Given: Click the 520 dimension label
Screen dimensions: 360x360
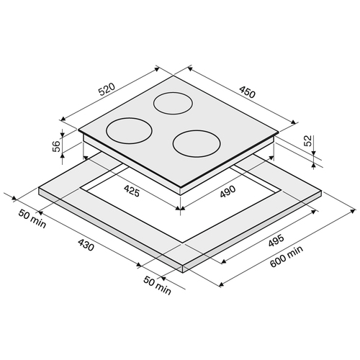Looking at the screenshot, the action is coord(107,89).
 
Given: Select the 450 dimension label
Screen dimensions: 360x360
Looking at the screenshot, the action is coord(247,91).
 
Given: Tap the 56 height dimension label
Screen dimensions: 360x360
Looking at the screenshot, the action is coord(56,146).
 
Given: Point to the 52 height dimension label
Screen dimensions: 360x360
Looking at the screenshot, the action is coord(307,140).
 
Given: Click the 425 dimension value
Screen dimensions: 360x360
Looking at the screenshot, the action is coord(132,192).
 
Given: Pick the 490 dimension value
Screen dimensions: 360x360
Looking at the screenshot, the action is coord(228,192).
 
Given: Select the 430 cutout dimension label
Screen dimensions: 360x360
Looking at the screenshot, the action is coord(86,245).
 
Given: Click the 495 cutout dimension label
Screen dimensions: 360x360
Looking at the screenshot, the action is coord(276,240).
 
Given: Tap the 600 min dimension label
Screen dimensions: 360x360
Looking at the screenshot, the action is coord(287,256).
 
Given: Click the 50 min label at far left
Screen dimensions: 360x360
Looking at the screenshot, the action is coord(32,219).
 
